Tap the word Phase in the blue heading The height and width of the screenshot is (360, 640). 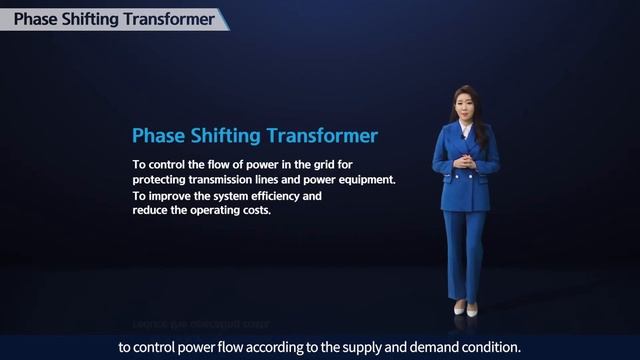tap(158, 135)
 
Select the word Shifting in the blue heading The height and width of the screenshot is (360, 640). tap(229, 135)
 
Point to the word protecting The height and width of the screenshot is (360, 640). tap(163, 180)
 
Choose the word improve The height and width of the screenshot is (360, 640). tap(170, 196)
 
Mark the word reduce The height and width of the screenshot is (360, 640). tap(152, 211)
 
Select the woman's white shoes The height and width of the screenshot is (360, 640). tap(465, 308)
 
